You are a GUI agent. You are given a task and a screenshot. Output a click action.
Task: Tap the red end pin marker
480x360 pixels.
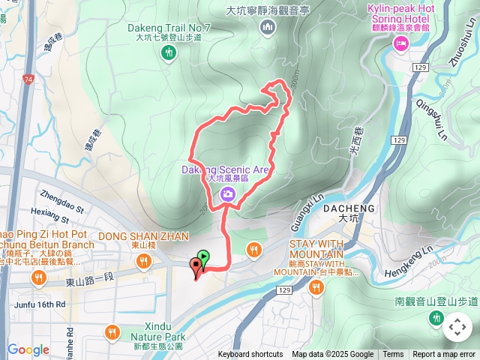click(196, 265)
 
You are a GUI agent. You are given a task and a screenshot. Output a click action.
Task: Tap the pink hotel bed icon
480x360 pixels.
click(400, 44)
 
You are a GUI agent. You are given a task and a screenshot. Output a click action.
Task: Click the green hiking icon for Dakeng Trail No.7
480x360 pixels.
click(169, 52)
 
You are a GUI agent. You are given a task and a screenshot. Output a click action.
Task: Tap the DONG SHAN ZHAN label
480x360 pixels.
click(143, 235)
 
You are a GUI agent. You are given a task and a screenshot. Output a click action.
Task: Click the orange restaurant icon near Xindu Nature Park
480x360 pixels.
click(112, 331)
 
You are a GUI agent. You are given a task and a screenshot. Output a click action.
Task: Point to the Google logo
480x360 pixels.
click(28, 349)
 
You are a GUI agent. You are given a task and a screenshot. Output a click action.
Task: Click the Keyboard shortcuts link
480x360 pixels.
click(250, 355)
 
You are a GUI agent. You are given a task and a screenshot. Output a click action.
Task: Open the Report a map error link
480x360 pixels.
click(444, 355)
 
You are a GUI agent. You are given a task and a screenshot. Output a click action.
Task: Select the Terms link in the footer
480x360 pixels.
click(393, 355)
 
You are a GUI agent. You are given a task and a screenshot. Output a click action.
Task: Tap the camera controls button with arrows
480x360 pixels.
click(457, 327)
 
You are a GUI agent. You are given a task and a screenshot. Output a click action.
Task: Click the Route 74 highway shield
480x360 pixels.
click(28, 78)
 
